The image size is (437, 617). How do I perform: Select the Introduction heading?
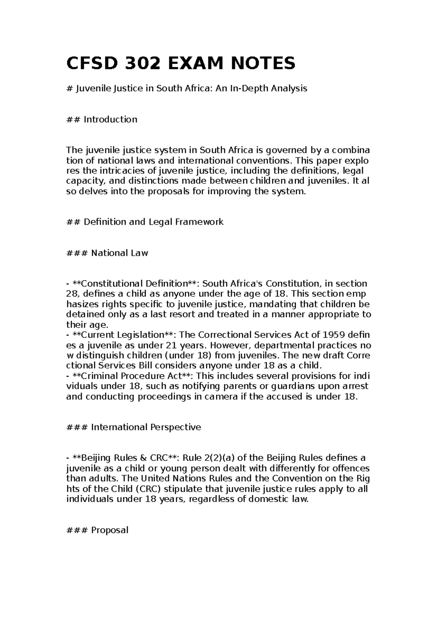[x=110, y=119]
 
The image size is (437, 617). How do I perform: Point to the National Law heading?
[x=119, y=253]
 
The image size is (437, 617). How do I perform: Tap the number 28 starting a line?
[x=72, y=294]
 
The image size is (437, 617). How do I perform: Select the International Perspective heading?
[x=146, y=427]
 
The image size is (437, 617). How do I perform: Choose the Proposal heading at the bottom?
[x=110, y=530]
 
